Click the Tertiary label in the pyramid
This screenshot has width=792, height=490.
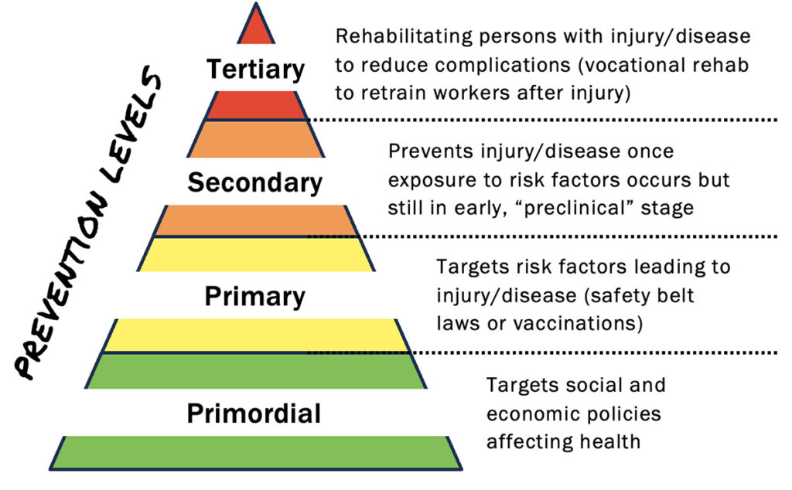(x=255, y=70)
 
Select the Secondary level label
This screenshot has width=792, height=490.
(x=255, y=182)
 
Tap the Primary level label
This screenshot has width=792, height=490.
(x=255, y=296)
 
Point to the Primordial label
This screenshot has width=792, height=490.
(x=254, y=413)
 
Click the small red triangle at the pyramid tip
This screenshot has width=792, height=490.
(x=255, y=28)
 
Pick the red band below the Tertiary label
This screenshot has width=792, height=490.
(x=255, y=104)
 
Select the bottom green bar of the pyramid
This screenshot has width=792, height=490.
(x=255, y=451)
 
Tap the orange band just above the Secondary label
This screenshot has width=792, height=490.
(x=255, y=140)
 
